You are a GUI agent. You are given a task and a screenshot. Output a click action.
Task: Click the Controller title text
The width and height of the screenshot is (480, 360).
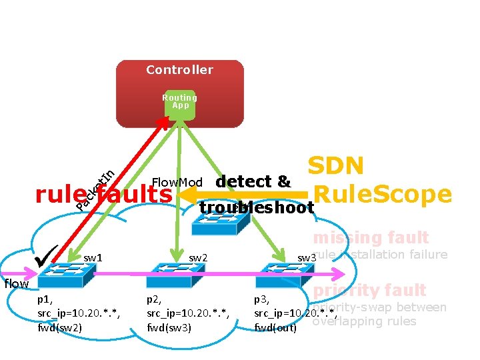[x=179, y=70]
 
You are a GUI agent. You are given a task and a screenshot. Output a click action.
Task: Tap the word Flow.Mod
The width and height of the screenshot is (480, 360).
[x=177, y=182]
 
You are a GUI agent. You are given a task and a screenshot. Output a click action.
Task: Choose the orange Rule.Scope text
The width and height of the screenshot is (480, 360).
[x=382, y=194]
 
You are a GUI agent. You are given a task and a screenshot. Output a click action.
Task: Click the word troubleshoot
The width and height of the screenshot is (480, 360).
[x=257, y=209]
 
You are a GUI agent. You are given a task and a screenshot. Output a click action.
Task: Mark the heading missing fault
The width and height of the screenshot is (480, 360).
[x=371, y=237]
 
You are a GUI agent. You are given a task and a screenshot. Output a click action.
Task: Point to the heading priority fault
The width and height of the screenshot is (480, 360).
[x=369, y=290]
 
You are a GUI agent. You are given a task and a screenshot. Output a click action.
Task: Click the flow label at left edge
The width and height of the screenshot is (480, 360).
[x=16, y=284]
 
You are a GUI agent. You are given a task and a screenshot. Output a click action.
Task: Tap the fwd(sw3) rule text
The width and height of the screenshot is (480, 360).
[x=169, y=327]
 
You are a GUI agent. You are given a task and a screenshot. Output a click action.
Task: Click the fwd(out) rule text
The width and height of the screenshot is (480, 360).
[x=275, y=327]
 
